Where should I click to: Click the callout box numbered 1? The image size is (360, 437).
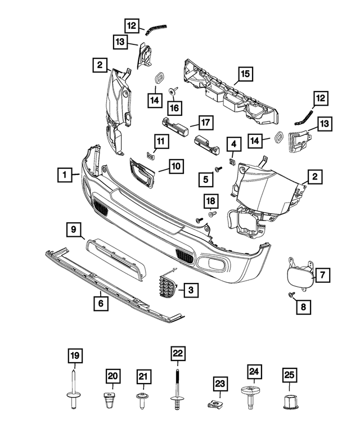(x=66, y=174)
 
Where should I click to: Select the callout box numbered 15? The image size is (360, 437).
(x=245, y=73)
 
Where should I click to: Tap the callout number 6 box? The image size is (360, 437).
(x=101, y=304)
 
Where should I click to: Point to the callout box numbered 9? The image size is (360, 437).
(x=73, y=229)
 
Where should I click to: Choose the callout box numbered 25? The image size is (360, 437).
(x=289, y=375)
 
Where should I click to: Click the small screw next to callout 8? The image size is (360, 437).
(x=291, y=295)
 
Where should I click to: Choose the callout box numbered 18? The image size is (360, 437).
(x=210, y=201)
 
